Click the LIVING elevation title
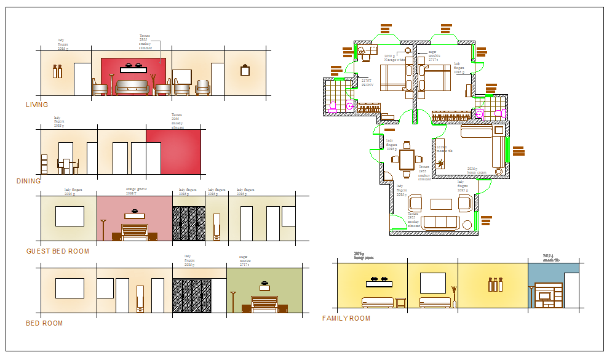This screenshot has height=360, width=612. click(37, 105)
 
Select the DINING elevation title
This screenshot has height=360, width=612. click(29, 181)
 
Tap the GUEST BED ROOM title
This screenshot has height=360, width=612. click(58, 251)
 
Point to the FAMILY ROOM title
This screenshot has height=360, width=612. click(346, 318)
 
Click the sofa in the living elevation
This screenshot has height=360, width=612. click(132, 87)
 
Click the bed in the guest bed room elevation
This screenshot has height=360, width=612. click(135, 233)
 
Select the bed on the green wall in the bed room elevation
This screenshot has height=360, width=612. click(264, 304)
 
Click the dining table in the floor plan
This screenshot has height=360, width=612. click(407, 159)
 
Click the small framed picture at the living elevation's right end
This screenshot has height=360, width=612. click(245, 70)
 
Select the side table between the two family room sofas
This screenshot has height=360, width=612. click(401, 302)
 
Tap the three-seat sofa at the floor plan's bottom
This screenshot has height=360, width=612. click(439, 222)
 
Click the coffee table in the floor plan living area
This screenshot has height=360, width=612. click(440, 204)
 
